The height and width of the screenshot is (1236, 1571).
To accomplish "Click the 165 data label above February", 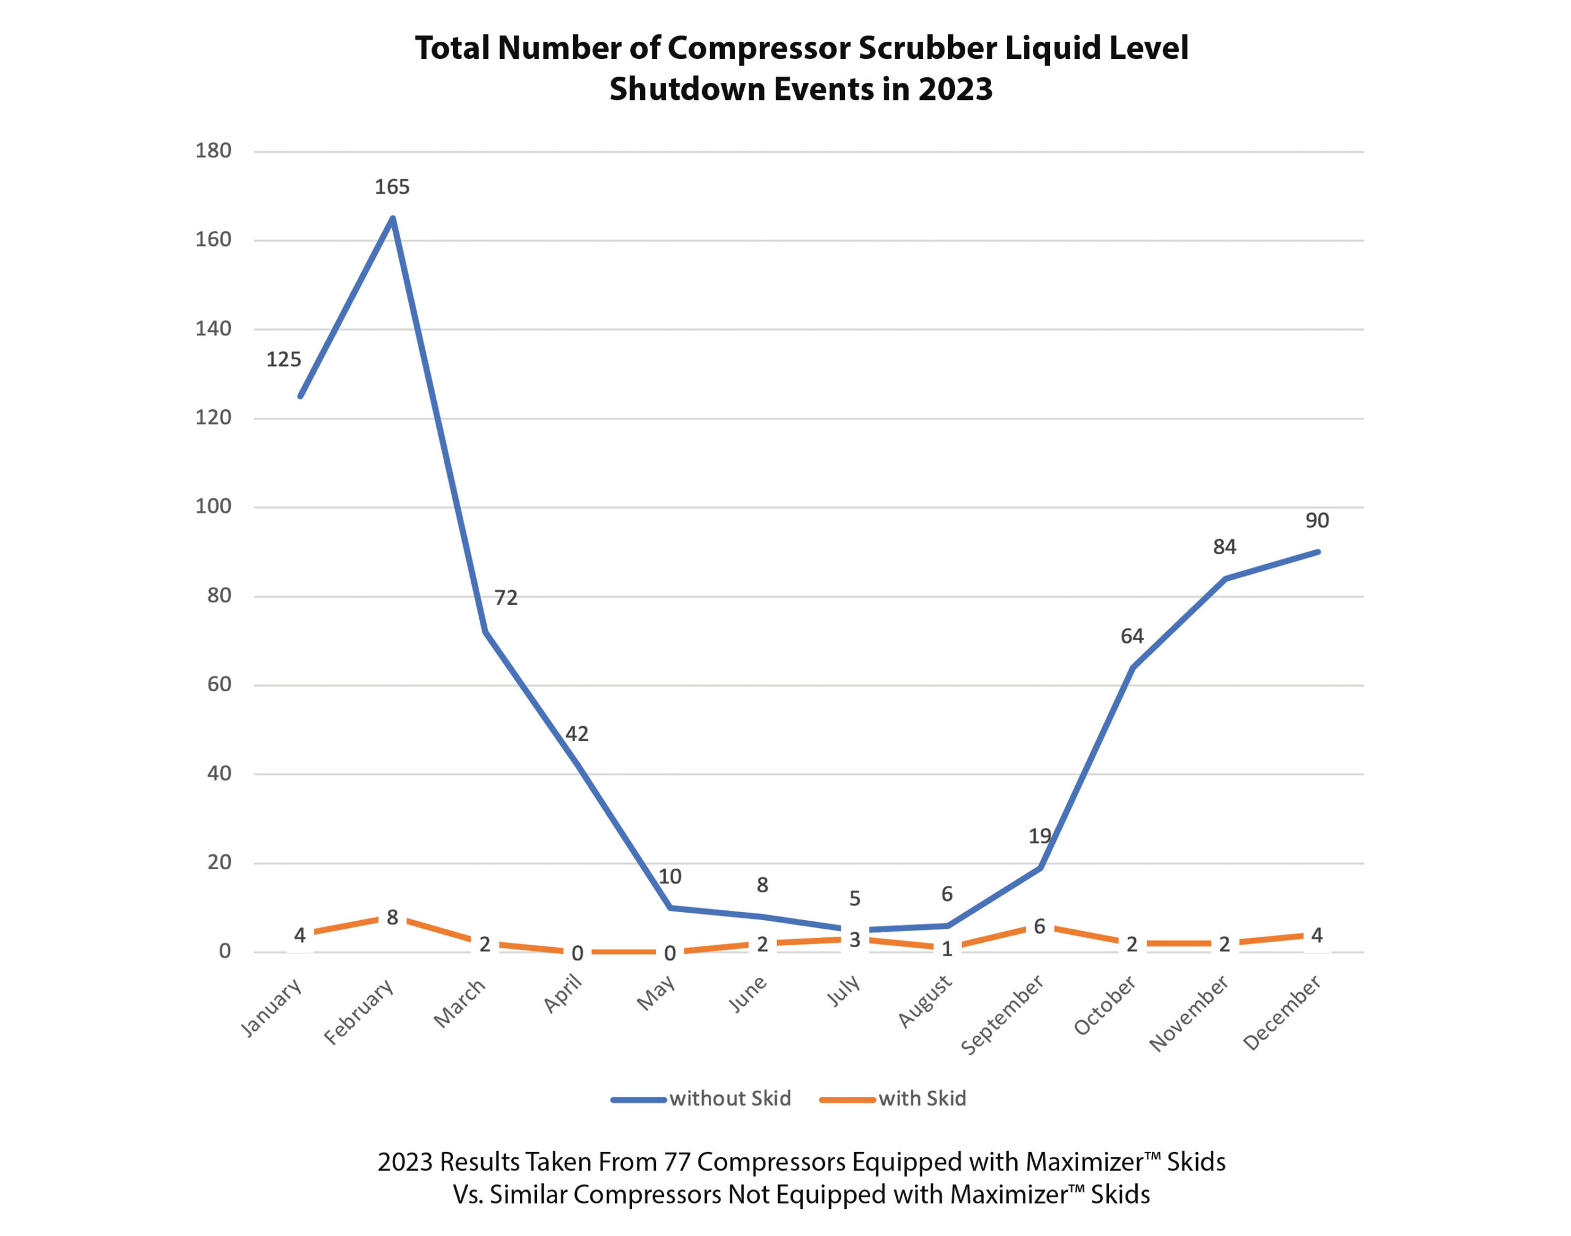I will [x=392, y=186].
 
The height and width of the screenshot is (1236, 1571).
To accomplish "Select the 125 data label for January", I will [x=283, y=359].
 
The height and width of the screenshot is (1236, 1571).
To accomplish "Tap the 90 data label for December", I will [x=1316, y=520].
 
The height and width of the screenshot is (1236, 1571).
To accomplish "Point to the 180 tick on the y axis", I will [x=213, y=150].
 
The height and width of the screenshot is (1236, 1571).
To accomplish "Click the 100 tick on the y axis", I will [x=213, y=506].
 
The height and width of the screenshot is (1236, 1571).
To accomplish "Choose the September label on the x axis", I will [x=1003, y=1014].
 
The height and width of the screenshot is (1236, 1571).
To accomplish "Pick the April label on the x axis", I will [x=563, y=994].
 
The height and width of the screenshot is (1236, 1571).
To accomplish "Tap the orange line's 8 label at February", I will [x=392, y=918].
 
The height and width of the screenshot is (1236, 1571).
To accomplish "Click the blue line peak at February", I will [x=392, y=218].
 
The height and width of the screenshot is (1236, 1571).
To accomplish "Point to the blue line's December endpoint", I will [x=1318, y=551].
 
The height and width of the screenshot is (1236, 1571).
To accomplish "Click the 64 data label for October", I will [x=1132, y=636].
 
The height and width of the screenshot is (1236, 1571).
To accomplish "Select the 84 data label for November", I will [x=1224, y=547].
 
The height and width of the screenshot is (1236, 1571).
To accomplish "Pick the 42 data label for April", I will [x=576, y=734].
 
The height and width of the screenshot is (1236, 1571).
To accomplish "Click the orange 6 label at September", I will [x=1039, y=926].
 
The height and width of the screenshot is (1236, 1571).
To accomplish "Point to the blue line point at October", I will [x=1132, y=667].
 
